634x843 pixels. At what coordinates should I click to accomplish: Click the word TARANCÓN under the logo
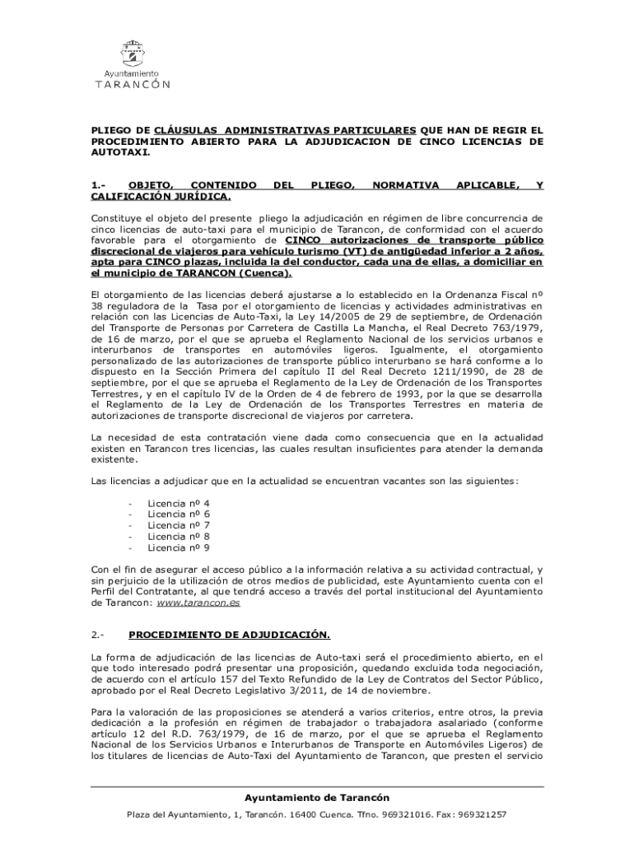tap(133, 84)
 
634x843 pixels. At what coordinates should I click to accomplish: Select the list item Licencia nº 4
tap(178, 502)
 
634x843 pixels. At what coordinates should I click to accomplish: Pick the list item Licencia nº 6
tap(178, 514)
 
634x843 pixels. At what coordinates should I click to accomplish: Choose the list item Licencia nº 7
tap(178, 524)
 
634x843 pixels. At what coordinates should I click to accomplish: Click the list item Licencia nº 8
tap(178, 536)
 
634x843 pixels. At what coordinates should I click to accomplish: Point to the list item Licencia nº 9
tap(178, 547)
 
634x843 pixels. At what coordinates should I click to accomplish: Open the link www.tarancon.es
tap(198, 603)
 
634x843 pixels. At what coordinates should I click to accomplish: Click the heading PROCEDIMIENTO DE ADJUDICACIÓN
tap(229, 635)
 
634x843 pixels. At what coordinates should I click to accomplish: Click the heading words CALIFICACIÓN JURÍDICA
tap(161, 198)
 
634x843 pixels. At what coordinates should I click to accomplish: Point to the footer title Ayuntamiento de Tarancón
tap(317, 798)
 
